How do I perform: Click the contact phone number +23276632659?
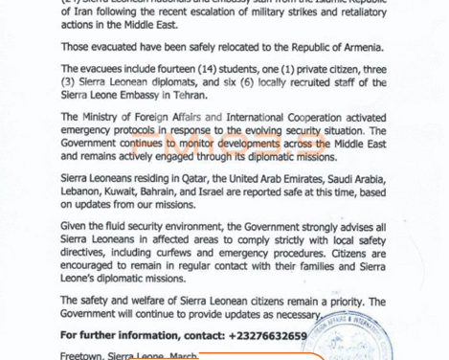268,336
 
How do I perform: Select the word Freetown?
81,354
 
